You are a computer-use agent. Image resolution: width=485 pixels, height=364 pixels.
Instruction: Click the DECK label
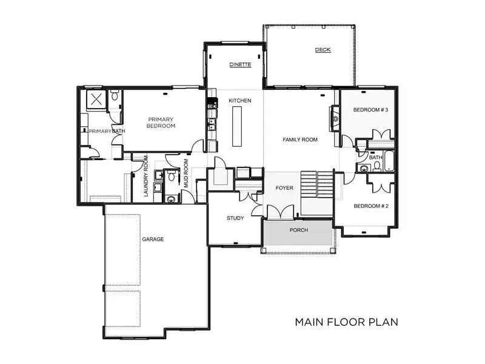[x=323, y=50]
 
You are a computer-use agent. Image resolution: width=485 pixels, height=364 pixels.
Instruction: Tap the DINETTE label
[x=240, y=64]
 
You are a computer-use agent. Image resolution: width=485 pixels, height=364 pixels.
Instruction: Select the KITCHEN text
[x=240, y=101]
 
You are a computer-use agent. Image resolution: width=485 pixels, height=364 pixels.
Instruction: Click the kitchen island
[x=237, y=126]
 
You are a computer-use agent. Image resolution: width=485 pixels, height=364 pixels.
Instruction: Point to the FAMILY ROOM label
[x=300, y=140]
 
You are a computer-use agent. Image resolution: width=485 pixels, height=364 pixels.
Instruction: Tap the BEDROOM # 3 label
[x=370, y=110]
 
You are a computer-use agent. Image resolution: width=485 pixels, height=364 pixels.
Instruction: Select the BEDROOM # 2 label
[x=371, y=206]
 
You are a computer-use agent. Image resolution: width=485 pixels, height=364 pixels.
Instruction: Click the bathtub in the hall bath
[x=389, y=161]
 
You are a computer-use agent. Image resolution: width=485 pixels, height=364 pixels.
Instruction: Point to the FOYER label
[x=284, y=188]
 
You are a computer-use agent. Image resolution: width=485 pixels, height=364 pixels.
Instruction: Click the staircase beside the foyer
[x=317, y=184]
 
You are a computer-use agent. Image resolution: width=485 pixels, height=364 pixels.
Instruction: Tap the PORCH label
[x=299, y=230]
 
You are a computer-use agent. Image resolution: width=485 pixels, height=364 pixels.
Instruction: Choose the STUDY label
[x=235, y=218]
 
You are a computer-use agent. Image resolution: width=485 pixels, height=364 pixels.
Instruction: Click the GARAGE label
[x=153, y=239]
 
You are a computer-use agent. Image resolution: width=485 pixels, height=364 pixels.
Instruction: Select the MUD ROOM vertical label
[x=186, y=174]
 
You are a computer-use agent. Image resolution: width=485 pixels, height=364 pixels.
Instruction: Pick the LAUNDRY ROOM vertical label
[x=146, y=176]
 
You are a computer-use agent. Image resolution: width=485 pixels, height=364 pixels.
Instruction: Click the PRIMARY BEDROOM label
[x=161, y=123]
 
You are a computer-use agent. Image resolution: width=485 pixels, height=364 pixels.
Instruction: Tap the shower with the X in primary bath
[x=96, y=99]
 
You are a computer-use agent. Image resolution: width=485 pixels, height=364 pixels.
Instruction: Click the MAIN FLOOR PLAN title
[x=346, y=322]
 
